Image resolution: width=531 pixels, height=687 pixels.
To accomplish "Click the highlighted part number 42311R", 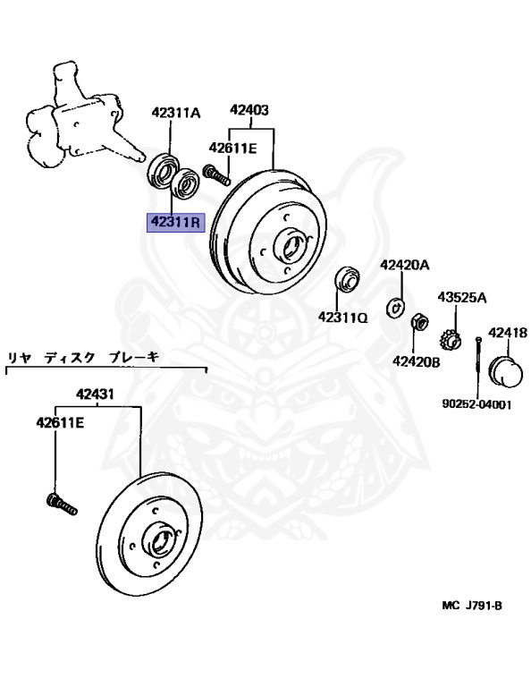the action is (x=175, y=223).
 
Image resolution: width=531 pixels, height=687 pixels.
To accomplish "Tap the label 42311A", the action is (x=176, y=113).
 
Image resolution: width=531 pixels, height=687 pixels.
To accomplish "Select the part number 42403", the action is (x=249, y=109).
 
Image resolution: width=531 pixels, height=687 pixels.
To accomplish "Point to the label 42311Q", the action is (x=342, y=318).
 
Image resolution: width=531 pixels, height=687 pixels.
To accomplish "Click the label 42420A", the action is (x=404, y=265).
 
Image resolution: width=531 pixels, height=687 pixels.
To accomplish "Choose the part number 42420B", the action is (x=417, y=361).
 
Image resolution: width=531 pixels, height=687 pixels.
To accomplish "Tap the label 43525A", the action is (x=462, y=298).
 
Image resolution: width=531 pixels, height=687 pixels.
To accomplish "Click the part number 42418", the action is (x=508, y=333).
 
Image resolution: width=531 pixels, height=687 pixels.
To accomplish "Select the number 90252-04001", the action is (x=476, y=404).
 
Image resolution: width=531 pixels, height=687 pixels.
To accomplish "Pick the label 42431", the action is (x=95, y=394).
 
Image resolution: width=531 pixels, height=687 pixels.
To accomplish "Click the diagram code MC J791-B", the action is (x=472, y=606).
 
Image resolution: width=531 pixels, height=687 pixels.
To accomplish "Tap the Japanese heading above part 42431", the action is (x=83, y=358).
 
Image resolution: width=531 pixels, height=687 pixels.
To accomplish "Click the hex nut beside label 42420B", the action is (x=419, y=323).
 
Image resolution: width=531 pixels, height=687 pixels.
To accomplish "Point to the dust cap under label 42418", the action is (x=508, y=372).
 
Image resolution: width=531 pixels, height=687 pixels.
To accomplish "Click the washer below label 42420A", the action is (x=395, y=306).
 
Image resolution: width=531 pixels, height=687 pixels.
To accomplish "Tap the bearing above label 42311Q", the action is (x=347, y=278).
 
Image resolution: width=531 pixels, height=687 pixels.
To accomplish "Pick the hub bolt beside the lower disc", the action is (x=62, y=505).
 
